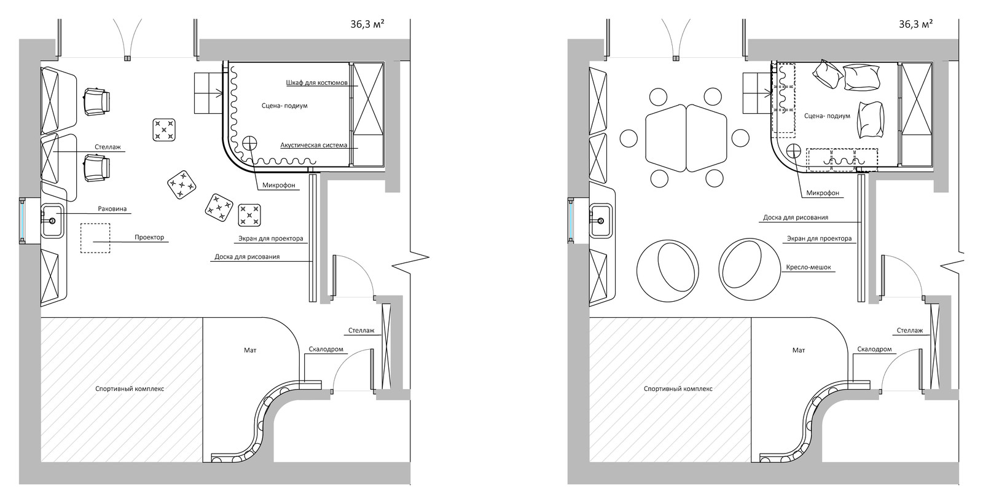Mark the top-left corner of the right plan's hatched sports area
589,317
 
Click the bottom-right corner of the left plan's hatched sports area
203,462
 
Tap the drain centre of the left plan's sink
52,221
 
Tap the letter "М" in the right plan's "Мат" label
796,350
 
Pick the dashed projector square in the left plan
95,238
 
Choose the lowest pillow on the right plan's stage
871,120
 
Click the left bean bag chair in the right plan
667,270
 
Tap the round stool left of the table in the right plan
629,138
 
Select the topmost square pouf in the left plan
164,130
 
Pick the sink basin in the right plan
600,221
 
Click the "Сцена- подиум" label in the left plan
284,106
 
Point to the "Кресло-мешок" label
809,267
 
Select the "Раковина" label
112,209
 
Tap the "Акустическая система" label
314,145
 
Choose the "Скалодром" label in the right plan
875,350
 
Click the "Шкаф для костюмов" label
317,83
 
